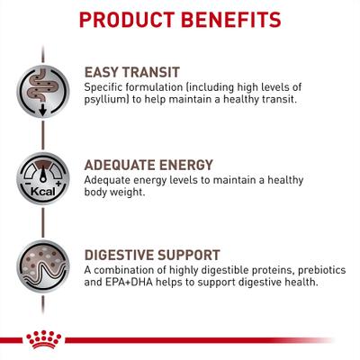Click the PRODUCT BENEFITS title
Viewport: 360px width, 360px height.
(x=180, y=19)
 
